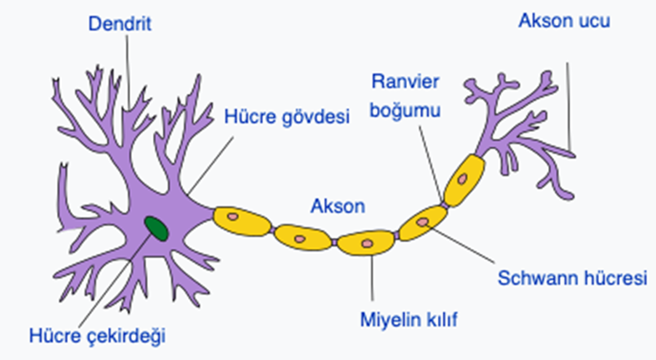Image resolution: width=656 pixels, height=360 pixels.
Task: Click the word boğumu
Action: click(x=407, y=108)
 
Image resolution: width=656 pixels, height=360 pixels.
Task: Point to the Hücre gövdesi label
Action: click(x=287, y=116)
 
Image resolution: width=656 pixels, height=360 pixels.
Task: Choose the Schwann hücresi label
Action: click(x=573, y=278)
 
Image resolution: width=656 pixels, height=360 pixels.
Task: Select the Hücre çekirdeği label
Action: click(x=99, y=337)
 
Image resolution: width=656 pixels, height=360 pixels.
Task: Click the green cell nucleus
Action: click(x=155, y=226)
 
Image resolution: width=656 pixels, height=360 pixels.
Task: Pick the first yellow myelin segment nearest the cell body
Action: click(x=242, y=219)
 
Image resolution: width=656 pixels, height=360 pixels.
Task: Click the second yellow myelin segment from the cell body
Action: click(x=302, y=236)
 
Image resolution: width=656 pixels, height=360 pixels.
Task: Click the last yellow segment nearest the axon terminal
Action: click(x=463, y=179)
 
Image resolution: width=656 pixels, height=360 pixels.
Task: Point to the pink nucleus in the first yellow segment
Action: click(x=233, y=216)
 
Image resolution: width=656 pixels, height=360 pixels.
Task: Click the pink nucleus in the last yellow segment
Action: click(x=462, y=178)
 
